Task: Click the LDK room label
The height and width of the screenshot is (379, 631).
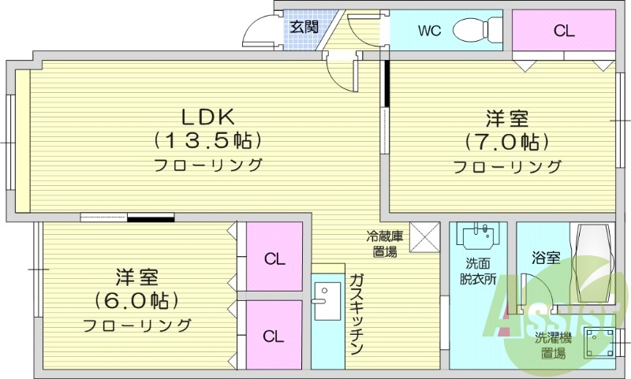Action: pos(208,117)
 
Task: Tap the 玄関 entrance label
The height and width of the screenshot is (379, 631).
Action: pos(304,26)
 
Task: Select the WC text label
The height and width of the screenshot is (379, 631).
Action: pos(429,32)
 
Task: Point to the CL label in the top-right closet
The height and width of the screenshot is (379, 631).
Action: pos(564,32)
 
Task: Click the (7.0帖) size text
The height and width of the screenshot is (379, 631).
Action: pos(506,143)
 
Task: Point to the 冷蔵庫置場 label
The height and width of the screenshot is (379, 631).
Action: pos(386,243)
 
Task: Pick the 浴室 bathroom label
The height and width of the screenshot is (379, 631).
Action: pos(546,258)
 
